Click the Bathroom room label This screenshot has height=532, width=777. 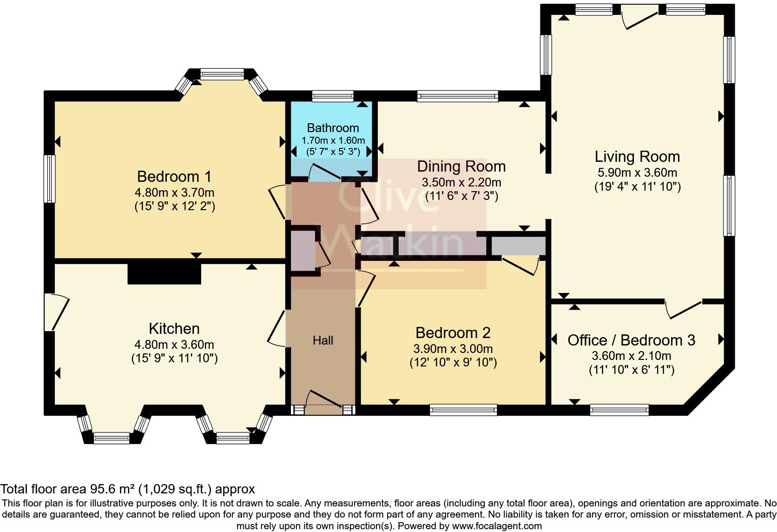pos(333,128)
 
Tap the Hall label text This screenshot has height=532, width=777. pos(323,340)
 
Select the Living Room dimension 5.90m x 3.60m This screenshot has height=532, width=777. pos(637,173)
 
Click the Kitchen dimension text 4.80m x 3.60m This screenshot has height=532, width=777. pos(174,345)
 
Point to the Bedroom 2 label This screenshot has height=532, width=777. pos(453,333)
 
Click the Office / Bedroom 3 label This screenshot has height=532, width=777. pos(631,340)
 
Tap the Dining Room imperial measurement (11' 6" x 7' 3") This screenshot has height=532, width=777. pos(461,196)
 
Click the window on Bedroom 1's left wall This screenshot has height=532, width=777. pos(50,179)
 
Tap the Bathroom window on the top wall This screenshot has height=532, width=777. pos(333,96)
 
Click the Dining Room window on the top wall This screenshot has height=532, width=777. pos(457,96)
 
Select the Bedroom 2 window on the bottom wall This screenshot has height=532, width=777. pos(463,410)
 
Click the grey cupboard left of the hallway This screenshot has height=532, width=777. pos(302,251)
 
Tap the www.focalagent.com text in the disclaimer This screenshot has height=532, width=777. pos(497,526)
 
